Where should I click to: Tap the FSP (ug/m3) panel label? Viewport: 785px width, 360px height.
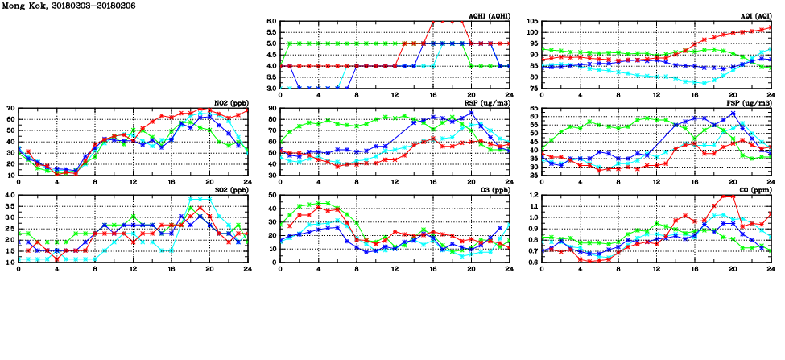[751, 103]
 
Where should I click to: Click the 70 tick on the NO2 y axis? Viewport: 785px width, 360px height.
[10, 108]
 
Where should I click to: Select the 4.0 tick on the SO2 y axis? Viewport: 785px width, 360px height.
[8, 195]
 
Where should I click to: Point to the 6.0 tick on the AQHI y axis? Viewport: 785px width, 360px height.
[271, 21]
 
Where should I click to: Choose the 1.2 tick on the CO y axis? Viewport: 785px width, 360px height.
[532, 195]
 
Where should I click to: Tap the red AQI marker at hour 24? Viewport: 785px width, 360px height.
[771, 28]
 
